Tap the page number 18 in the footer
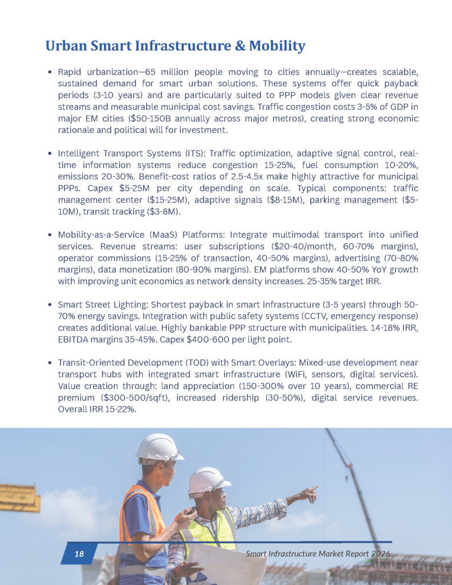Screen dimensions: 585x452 click(79, 554)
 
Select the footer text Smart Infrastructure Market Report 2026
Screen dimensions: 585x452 click(318, 554)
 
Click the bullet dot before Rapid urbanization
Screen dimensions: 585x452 click(50, 73)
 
